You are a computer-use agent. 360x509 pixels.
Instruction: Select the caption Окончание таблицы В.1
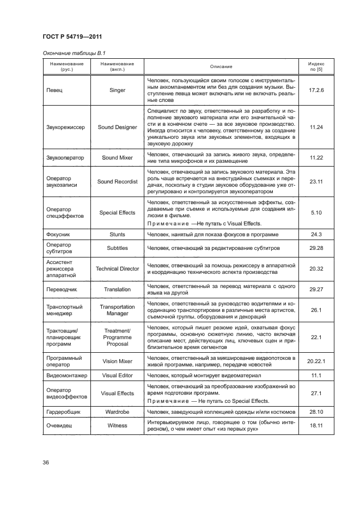coord(70,52)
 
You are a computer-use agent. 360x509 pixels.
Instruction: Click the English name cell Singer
coord(117,90)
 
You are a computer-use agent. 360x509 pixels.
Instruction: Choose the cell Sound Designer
coord(117,127)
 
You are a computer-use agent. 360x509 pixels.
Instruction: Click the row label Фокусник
coord(56,235)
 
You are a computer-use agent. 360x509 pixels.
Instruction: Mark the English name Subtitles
coord(117,248)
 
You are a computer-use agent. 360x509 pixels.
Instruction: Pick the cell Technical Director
coord(117,268)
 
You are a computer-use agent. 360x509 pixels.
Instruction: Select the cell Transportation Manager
coord(117,310)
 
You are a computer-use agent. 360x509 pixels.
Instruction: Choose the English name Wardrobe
coord(117,412)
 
